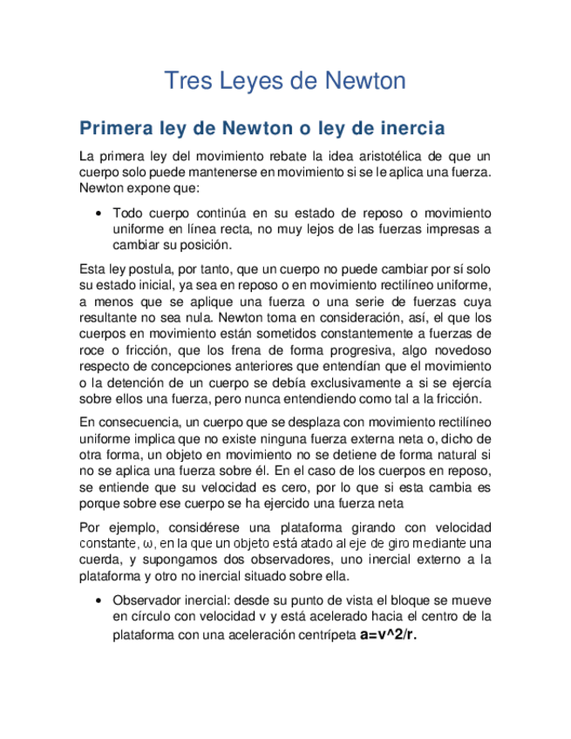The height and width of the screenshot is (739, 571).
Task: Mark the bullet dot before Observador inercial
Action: point(102,601)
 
